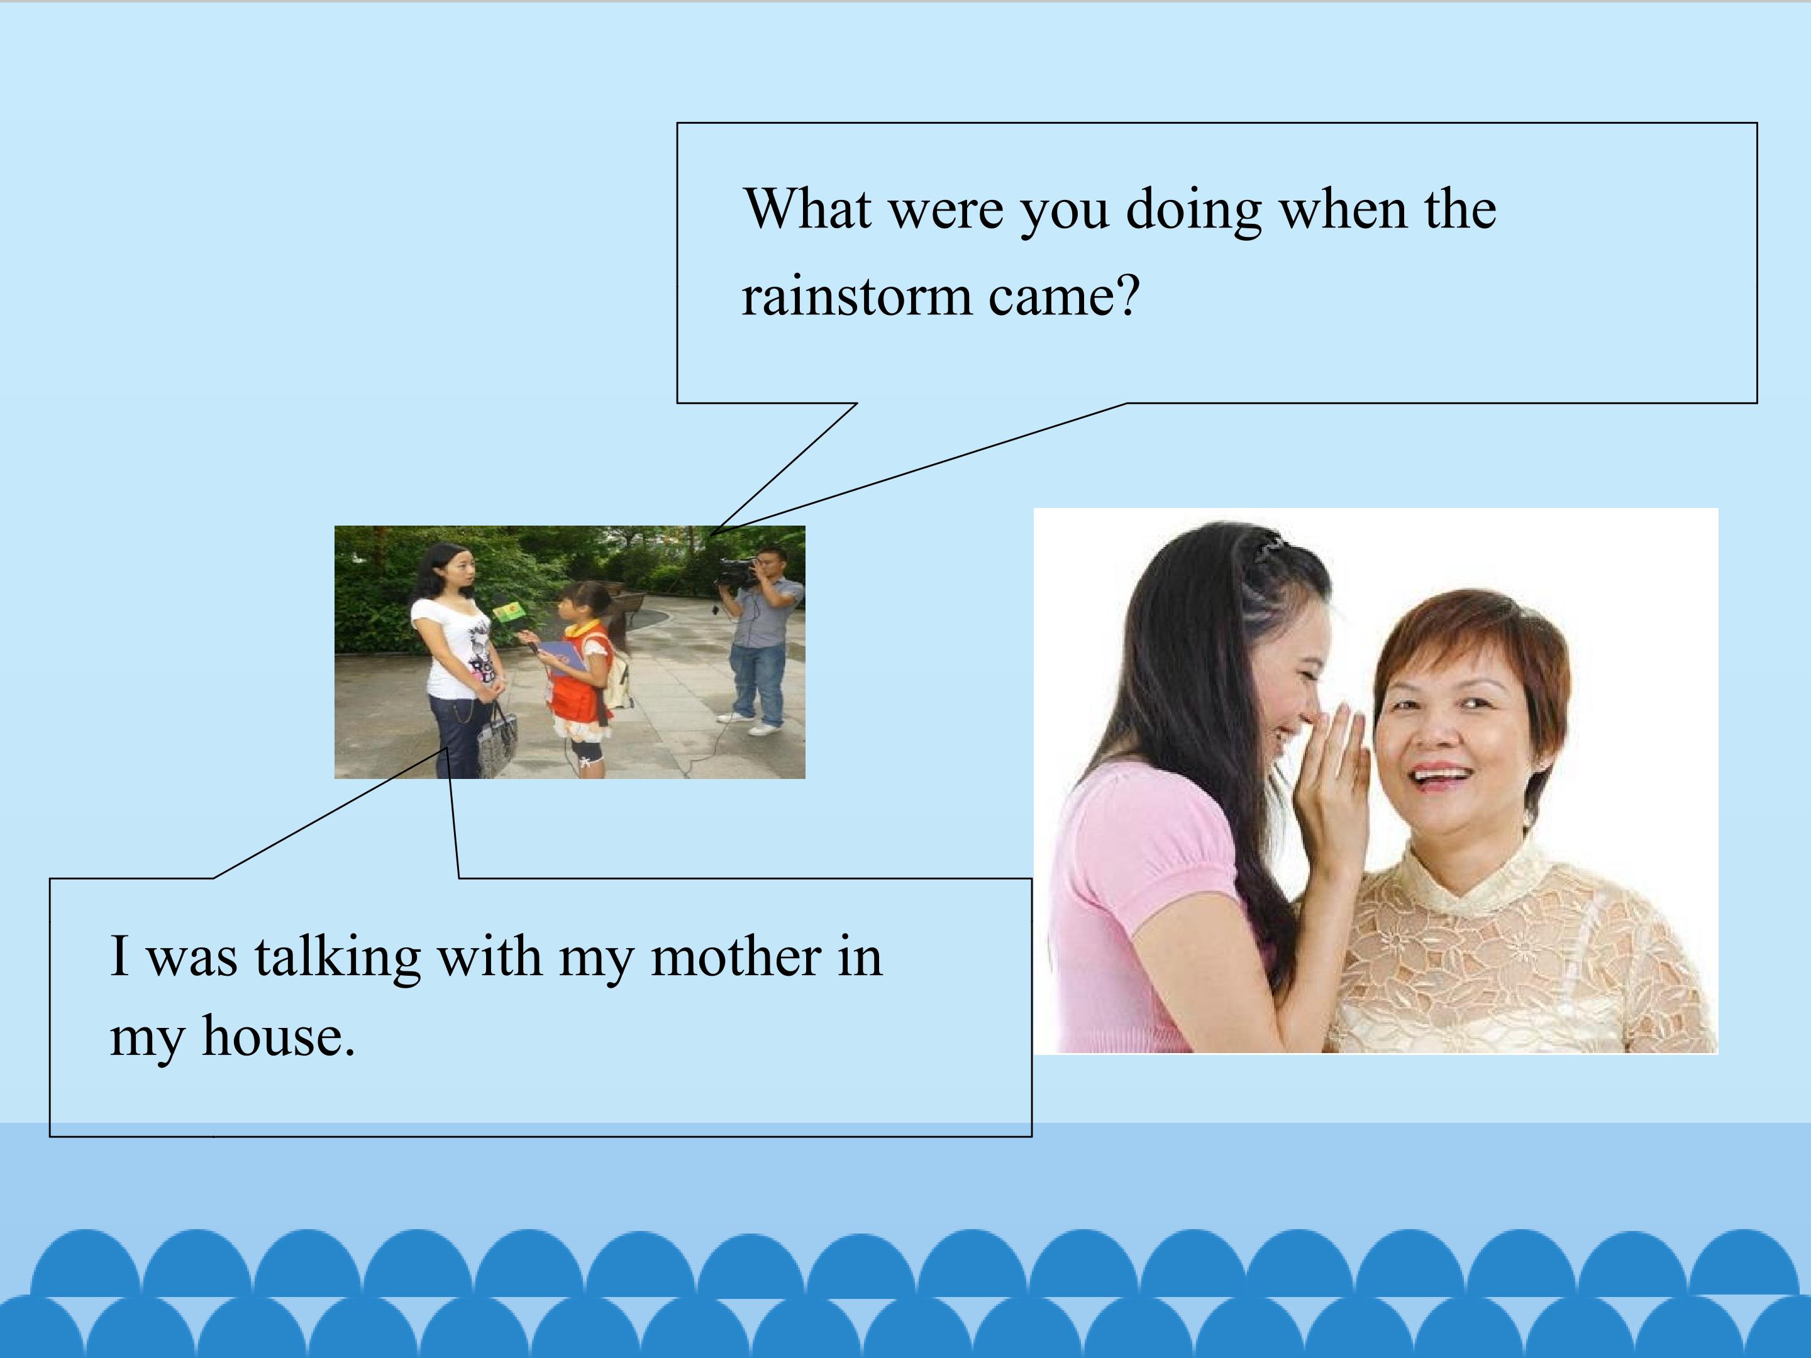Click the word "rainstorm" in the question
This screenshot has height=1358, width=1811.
point(856,296)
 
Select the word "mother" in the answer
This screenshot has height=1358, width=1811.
point(734,956)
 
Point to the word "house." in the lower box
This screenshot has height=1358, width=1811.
point(279,1036)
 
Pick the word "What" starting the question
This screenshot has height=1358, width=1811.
point(807,209)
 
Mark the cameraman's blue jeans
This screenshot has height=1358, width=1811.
point(756,680)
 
